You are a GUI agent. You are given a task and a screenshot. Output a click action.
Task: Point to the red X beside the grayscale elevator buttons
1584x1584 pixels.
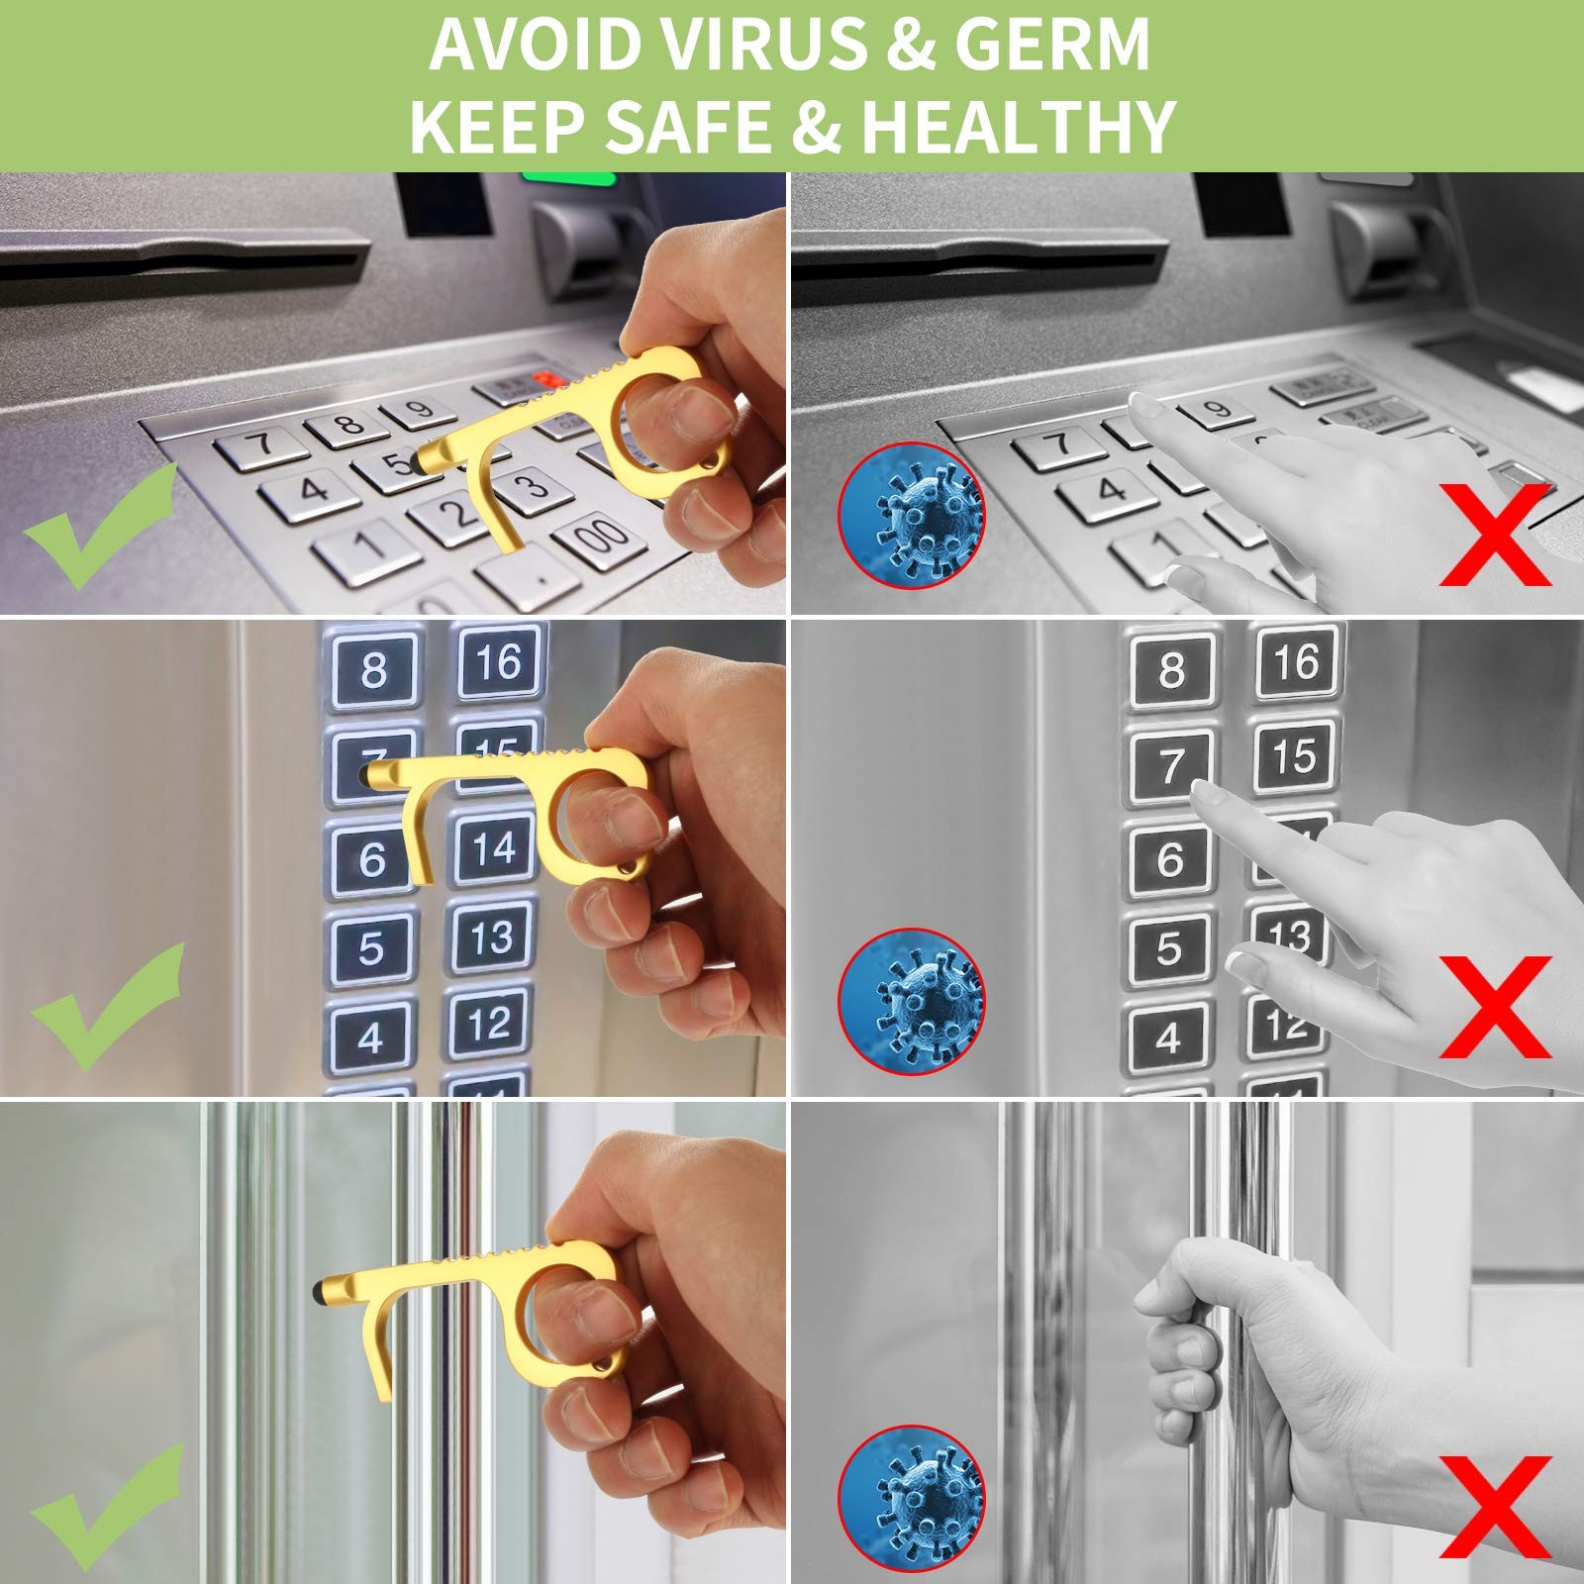point(1495,1006)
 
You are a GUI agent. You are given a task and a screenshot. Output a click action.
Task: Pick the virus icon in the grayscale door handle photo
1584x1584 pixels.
point(912,1498)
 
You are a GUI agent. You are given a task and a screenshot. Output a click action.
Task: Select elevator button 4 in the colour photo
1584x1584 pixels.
point(370,1039)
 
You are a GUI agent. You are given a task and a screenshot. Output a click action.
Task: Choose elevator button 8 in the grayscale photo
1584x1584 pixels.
point(1171,669)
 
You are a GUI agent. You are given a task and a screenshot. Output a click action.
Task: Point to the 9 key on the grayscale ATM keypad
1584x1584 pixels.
point(1217,409)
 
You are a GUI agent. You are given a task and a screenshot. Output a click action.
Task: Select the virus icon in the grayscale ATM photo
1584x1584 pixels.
point(912,515)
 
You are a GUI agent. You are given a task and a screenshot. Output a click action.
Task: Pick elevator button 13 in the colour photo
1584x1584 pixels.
point(492,938)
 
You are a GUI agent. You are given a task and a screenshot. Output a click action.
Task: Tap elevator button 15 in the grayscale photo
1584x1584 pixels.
point(1294,758)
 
